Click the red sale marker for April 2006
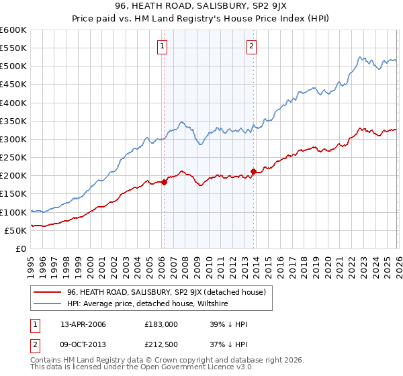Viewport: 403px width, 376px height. click(164, 182)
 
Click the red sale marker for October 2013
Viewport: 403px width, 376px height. click(253, 171)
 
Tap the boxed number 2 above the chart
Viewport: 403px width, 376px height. click(251, 46)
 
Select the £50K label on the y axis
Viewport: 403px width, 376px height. click(15, 230)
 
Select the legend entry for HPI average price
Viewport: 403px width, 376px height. click(148, 303)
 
